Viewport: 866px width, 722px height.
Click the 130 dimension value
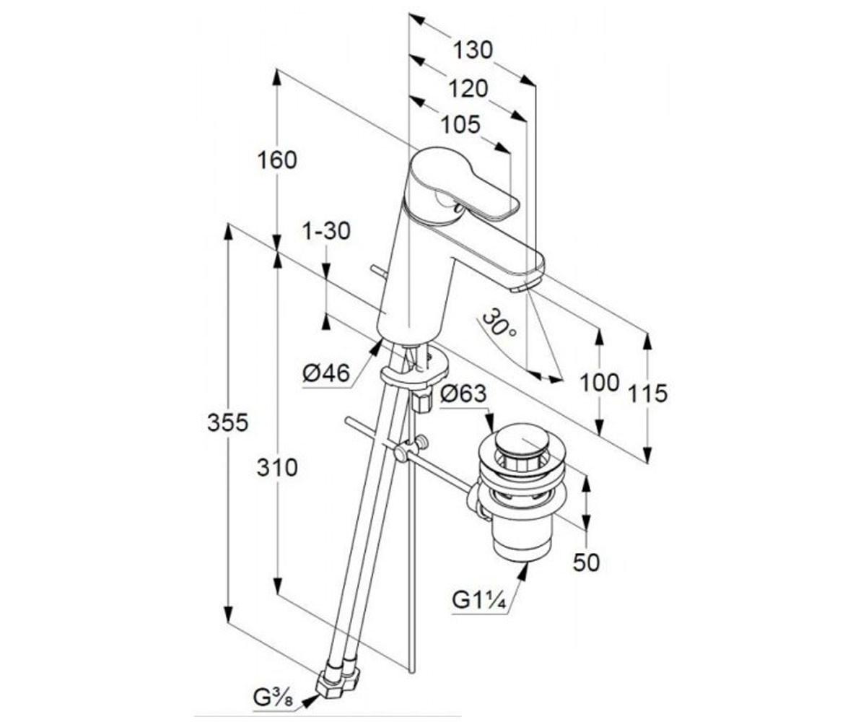click(473, 51)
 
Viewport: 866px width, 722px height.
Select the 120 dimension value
click(468, 88)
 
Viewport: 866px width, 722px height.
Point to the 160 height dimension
click(278, 160)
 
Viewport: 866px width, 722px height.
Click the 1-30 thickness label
click(326, 231)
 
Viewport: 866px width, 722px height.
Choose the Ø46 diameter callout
click(325, 373)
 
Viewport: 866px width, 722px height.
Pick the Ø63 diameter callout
click(463, 394)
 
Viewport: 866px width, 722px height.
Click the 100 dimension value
click(600, 383)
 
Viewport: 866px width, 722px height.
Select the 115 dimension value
click(647, 394)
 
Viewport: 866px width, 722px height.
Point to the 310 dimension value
click(278, 468)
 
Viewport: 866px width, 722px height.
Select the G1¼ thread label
click(478, 599)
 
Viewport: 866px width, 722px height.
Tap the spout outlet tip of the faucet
click(521, 287)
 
